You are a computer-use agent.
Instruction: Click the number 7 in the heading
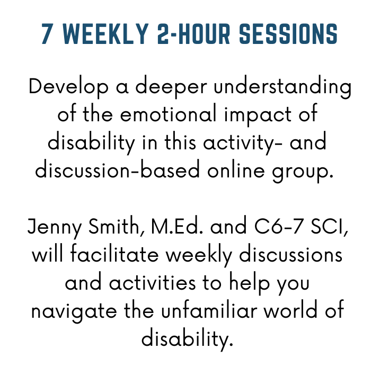48,34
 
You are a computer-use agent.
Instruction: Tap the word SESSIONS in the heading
288,34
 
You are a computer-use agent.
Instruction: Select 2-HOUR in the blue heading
193,34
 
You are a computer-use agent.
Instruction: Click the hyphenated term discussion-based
118,169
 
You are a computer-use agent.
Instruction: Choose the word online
236,169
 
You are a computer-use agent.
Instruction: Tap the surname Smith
116,226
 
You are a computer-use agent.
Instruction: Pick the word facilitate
114,254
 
